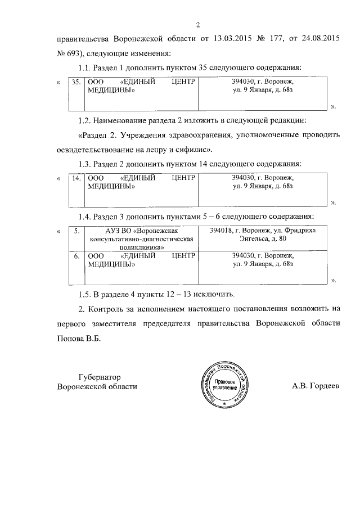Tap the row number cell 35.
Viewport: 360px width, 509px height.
click(76, 82)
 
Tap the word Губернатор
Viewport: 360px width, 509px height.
click(100, 376)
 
